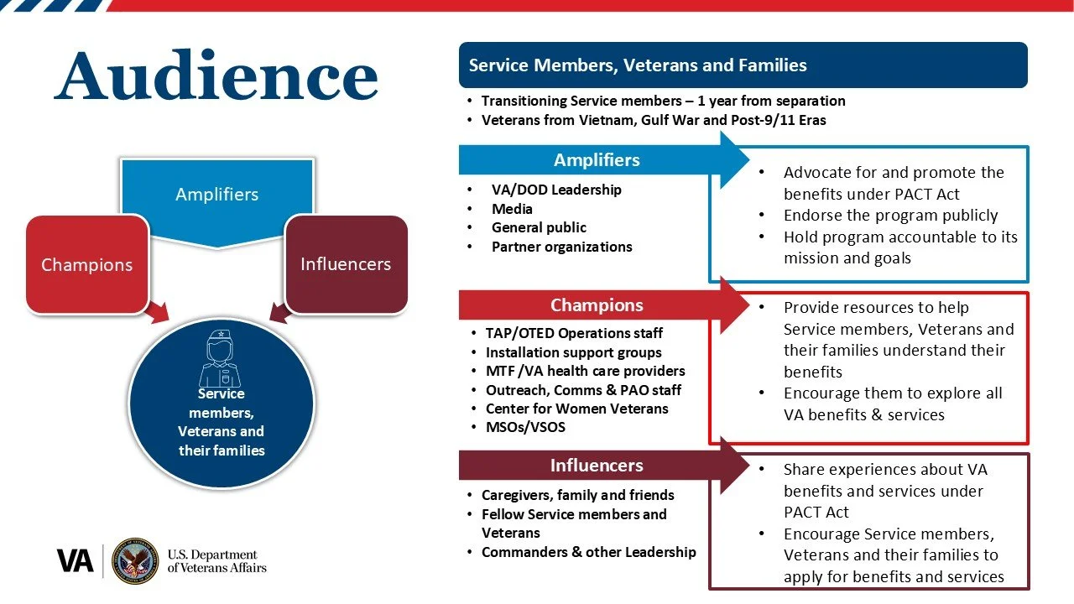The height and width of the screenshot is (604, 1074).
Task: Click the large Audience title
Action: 216,77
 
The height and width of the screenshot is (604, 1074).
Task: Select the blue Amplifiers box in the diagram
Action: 216,195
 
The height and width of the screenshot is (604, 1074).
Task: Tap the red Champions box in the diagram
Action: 86,264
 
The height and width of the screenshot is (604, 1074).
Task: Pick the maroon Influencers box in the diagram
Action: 346,263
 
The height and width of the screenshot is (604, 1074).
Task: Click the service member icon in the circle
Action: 220,358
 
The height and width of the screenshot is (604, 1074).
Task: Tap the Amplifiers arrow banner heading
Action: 597,159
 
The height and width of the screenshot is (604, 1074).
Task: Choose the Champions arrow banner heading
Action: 597,305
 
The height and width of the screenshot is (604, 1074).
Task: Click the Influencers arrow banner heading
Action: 597,465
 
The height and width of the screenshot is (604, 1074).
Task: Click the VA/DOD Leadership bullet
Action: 556,190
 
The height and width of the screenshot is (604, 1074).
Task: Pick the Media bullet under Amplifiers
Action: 512,209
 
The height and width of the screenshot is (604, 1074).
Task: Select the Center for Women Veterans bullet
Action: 576,409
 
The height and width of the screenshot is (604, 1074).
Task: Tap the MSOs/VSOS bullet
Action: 525,427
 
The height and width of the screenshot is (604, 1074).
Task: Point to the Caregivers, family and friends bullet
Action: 577,495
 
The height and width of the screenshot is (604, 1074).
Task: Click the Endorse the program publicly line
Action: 890,215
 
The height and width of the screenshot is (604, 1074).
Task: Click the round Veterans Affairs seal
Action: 135,560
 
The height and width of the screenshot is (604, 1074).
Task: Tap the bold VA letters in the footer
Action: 76,560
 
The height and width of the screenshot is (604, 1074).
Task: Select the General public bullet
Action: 539,227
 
